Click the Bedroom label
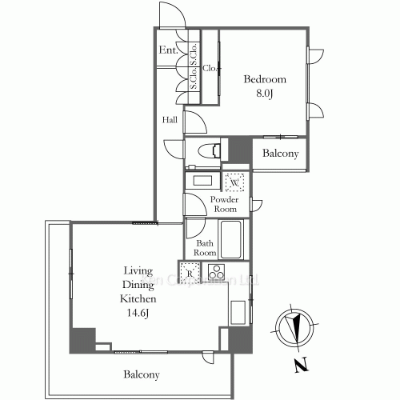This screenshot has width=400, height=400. [264, 80]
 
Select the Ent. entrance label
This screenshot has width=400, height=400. [168, 50]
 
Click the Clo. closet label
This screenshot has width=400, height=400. [210, 68]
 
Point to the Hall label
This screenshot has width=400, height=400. [170, 120]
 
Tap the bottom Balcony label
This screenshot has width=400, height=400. [142, 374]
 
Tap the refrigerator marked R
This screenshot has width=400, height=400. [190, 273]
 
